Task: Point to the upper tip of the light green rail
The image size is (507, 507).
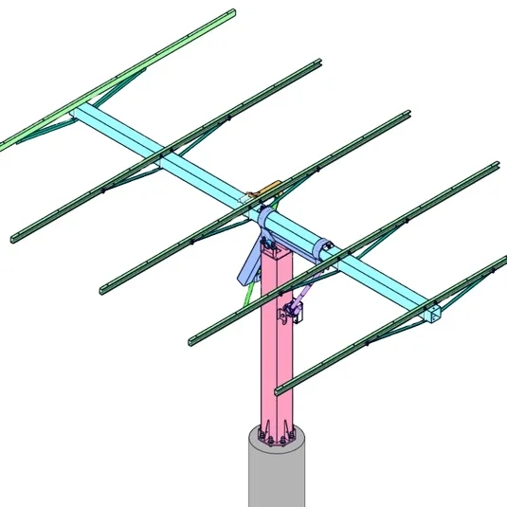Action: pyautogui.click(x=230, y=14)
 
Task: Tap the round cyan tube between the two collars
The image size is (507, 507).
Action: pyautogui.click(x=296, y=237)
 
